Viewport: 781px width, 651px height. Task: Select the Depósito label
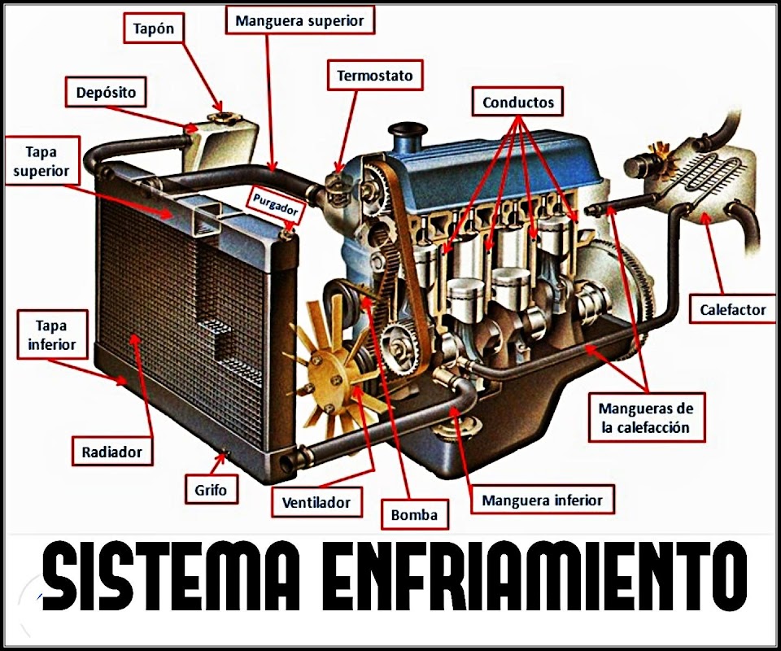coord(106,92)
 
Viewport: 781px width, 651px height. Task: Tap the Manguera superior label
coord(299,20)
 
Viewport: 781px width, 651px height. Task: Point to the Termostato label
coord(375,76)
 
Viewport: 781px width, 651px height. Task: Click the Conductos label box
coord(518,103)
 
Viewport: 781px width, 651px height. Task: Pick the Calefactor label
coord(732,309)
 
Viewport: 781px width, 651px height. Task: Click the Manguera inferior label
coord(542,500)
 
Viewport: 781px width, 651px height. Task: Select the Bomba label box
coord(414,514)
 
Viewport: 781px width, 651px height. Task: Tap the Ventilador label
coord(316,502)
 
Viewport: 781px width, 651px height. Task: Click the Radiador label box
coord(112,452)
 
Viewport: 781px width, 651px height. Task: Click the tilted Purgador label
coord(277,204)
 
